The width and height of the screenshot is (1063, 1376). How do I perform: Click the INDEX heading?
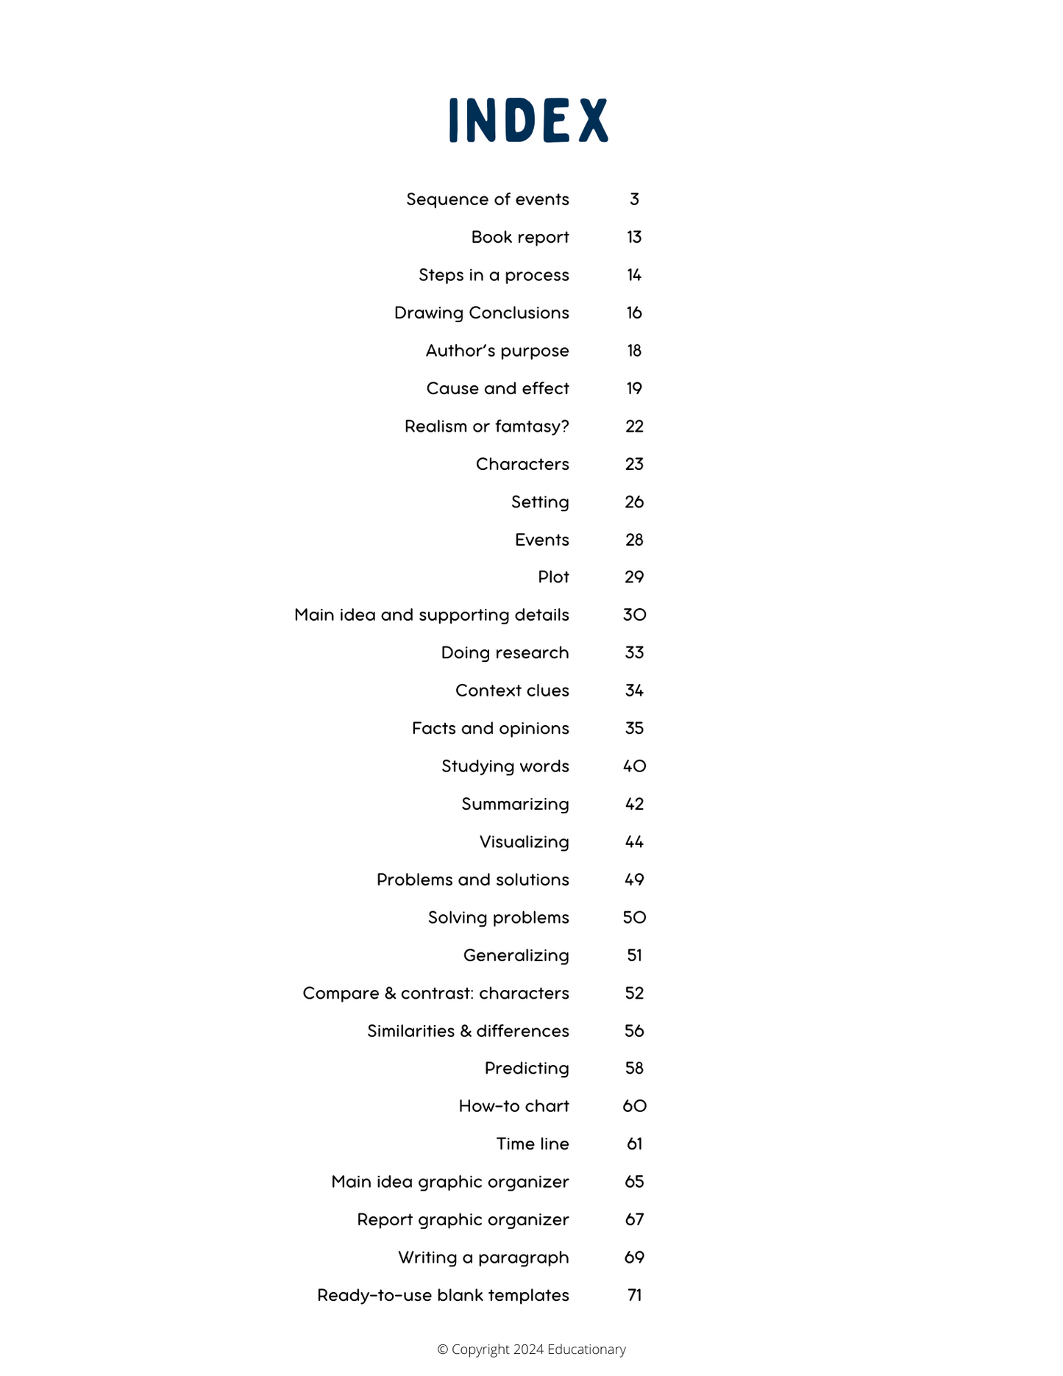click(x=528, y=120)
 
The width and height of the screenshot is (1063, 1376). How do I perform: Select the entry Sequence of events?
click(x=487, y=199)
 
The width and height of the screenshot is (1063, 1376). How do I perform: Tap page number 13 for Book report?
click(x=634, y=237)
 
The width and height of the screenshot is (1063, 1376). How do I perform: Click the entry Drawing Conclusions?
click(x=481, y=313)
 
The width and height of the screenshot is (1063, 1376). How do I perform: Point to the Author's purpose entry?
click(x=497, y=351)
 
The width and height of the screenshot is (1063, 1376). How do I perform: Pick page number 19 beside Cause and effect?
click(x=634, y=388)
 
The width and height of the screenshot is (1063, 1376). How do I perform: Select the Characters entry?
click(x=522, y=464)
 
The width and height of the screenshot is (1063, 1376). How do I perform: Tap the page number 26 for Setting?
click(x=634, y=502)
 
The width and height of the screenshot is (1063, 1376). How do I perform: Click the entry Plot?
click(x=553, y=577)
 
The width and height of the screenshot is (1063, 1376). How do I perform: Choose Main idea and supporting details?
click(x=431, y=615)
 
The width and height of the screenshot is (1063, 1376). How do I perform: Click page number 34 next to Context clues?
click(x=634, y=691)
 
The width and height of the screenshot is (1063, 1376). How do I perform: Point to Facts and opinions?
click(x=490, y=728)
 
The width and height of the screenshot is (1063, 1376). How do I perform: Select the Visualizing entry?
click(x=524, y=841)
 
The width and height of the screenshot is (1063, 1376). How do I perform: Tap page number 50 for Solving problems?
click(x=634, y=917)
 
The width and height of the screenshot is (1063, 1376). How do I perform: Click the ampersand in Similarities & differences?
click(x=466, y=1031)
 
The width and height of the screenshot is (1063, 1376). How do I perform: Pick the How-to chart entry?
click(x=513, y=1106)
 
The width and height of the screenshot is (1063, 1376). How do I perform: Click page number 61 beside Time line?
click(x=634, y=1144)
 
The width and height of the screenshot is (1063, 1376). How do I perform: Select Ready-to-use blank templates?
click(x=443, y=1295)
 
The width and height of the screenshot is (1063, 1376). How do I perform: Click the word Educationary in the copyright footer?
click(x=586, y=1349)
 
